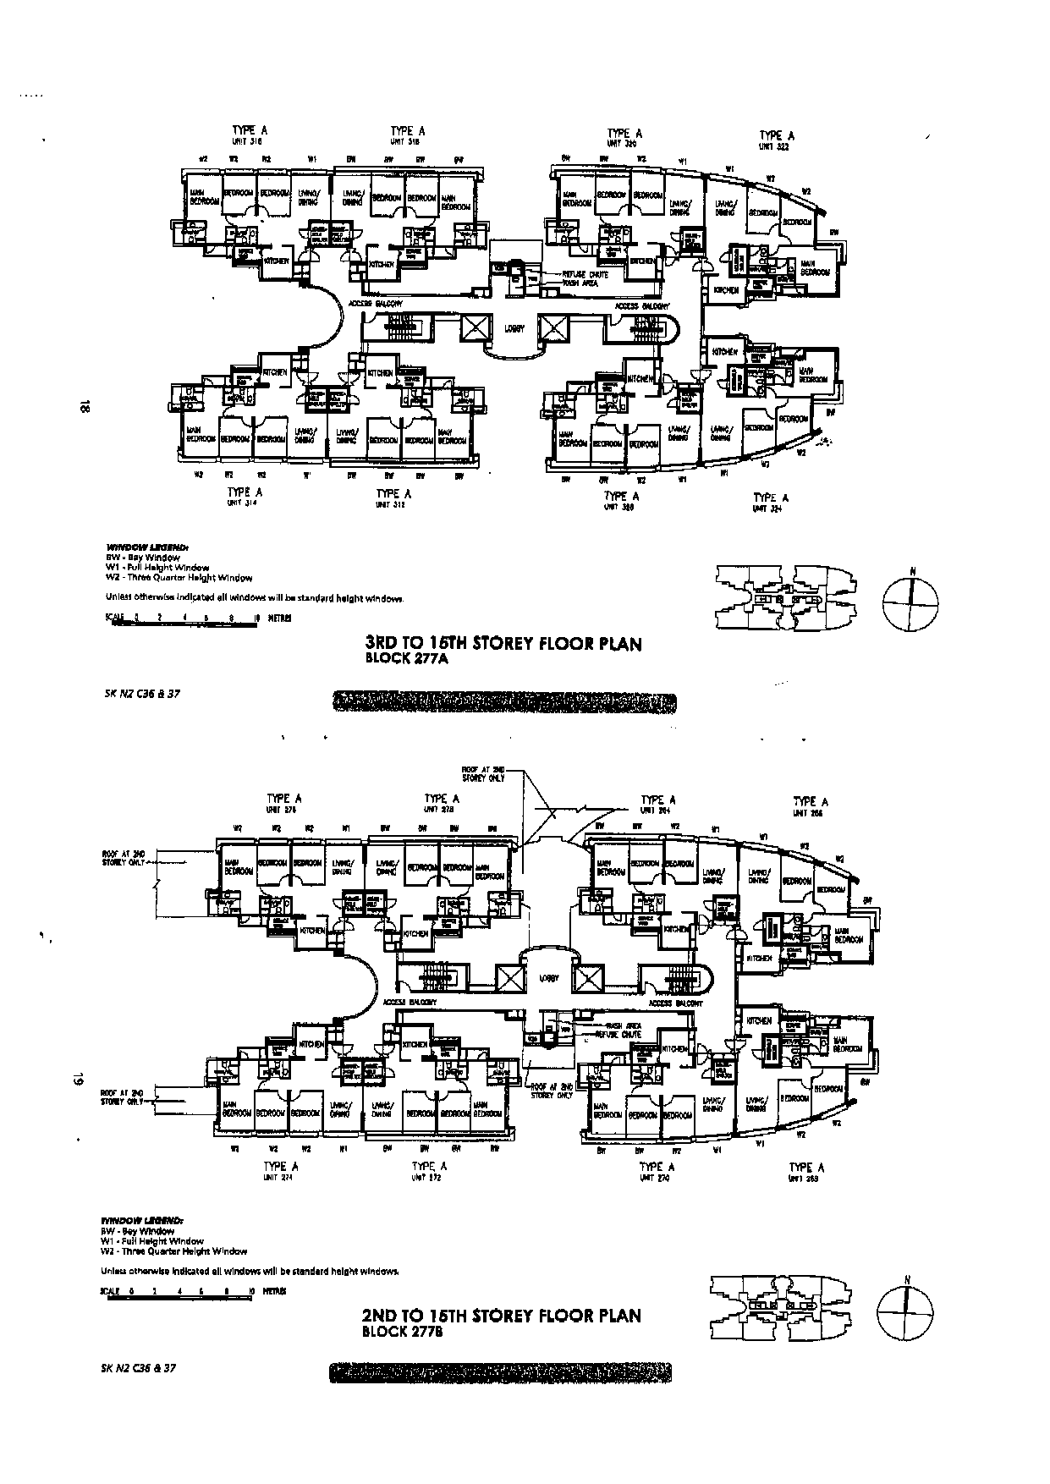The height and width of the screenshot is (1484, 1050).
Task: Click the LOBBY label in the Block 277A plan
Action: tap(514, 329)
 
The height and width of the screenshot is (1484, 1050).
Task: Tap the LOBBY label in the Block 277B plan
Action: tap(548, 978)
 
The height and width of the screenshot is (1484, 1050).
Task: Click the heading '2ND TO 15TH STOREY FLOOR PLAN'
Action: tap(501, 1316)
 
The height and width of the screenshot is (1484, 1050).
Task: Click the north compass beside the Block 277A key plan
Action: tap(911, 603)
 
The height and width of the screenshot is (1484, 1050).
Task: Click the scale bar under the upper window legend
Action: tap(195, 618)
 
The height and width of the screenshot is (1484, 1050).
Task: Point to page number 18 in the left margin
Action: tap(82, 407)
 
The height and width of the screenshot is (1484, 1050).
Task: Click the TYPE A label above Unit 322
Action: tap(776, 135)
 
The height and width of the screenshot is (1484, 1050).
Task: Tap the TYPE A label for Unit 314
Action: tap(244, 492)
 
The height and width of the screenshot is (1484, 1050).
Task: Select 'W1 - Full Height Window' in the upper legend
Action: tap(157, 568)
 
